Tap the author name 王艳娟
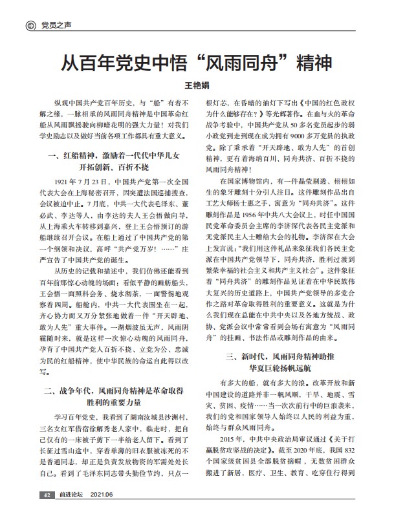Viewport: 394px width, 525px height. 197,85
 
